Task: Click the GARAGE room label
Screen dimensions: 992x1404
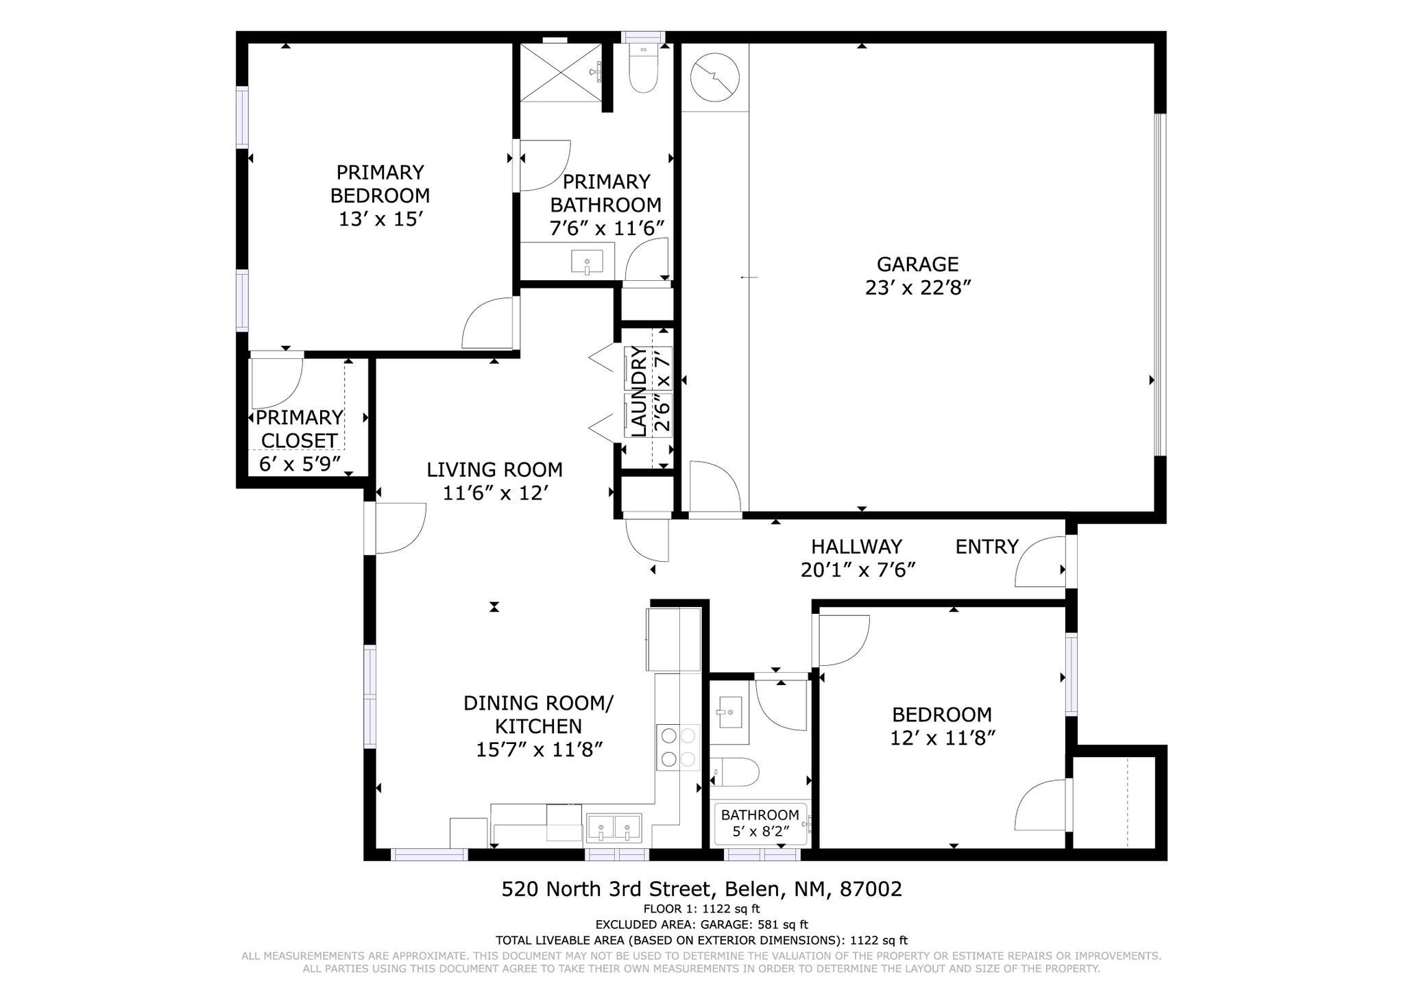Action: [x=917, y=264]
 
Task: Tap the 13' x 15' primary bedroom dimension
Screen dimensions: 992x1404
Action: [x=379, y=219]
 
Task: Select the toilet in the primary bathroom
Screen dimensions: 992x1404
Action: [x=642, y=71]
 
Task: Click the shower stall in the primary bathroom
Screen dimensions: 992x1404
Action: [x=559, y=73]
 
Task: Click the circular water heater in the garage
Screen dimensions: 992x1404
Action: [x=715, y=76]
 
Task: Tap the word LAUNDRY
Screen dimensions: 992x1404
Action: [x=638, y=392]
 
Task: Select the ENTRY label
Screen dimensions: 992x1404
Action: [x=987, y=547]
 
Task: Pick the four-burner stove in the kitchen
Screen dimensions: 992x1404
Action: [x=678, y=747]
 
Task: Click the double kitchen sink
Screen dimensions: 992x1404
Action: [x=614, y=828]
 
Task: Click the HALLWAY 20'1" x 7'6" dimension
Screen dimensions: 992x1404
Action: [x=858, y=570]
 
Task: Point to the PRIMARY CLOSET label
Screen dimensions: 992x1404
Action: [x=298, y=429]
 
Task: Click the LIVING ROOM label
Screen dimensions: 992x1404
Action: [x=494, y=470]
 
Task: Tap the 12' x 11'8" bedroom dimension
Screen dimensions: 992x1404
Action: [x=942, y=739]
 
